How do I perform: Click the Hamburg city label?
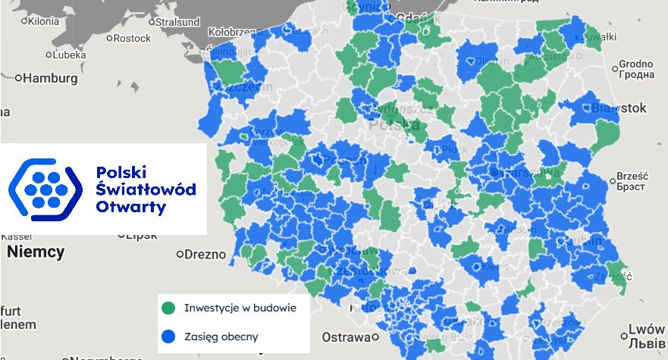pyautogui.click(x=52, y=77)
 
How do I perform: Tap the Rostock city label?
pyautogui.click(x=133, y=38)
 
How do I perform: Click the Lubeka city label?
pyautogui.click(x=69, y=55)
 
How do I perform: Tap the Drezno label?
pyautogui.click(x=206, y=254)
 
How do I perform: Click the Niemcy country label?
pyautogui.click(x=36, y=252)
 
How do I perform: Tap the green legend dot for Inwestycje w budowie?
pyautogui.click(x=168, y=308)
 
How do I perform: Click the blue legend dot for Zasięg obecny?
pyautogui.click(x=168, y=334)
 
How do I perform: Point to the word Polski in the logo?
pyautogui.click(x=121, y=171)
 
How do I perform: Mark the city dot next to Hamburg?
pyautogui.click(x=19, y=77)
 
